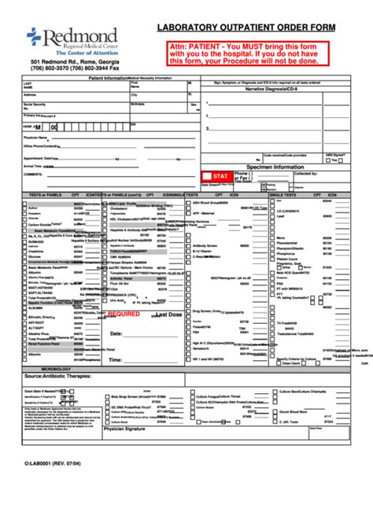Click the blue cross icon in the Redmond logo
tap(34, 35)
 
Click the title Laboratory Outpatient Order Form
tap(246, 28)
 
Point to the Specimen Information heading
tap(275, 167)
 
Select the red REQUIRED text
tap(123, 313)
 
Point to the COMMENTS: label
tap(32, 174)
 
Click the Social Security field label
tap(34, 103)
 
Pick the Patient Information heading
tap(108, 79)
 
